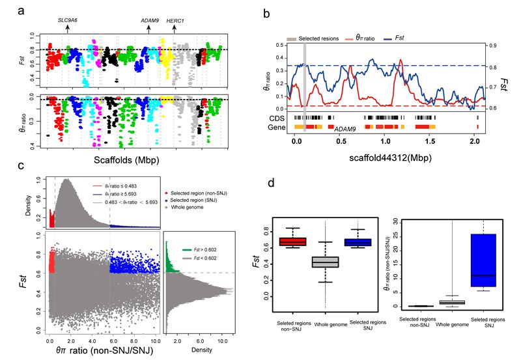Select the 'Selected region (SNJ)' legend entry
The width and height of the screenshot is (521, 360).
(x=221, y=206)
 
